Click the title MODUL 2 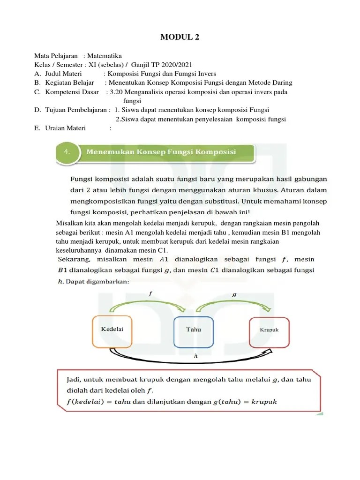tap(180, 37)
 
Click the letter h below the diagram tap(195, 356)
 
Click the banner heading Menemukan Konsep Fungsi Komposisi tap(161, 152)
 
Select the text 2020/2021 tap(176, 65)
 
